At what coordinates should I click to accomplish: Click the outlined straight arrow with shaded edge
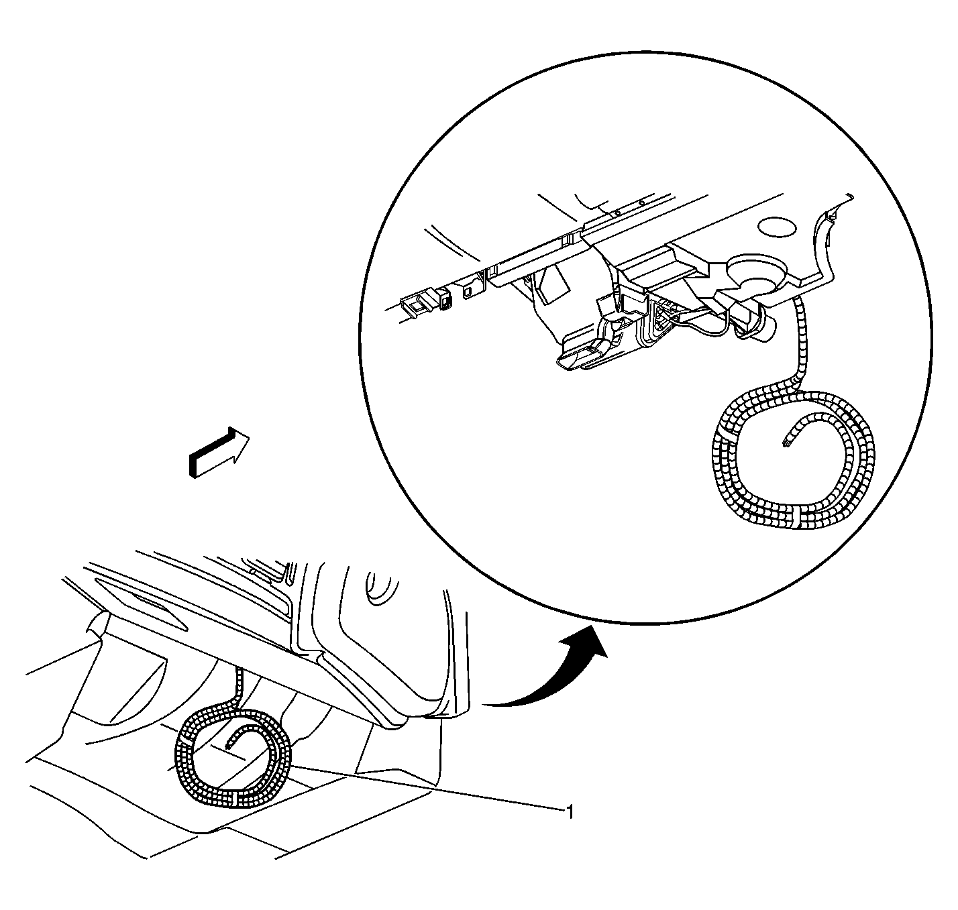pyautogui.click(x=219, y=451)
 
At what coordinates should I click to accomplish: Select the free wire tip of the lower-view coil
pyautogui.click(x=228, y=746)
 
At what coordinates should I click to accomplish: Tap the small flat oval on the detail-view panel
pyautogui.click(x=777, y=227)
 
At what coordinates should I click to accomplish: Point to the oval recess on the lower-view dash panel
pyautogui.click(x=378, y=589)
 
